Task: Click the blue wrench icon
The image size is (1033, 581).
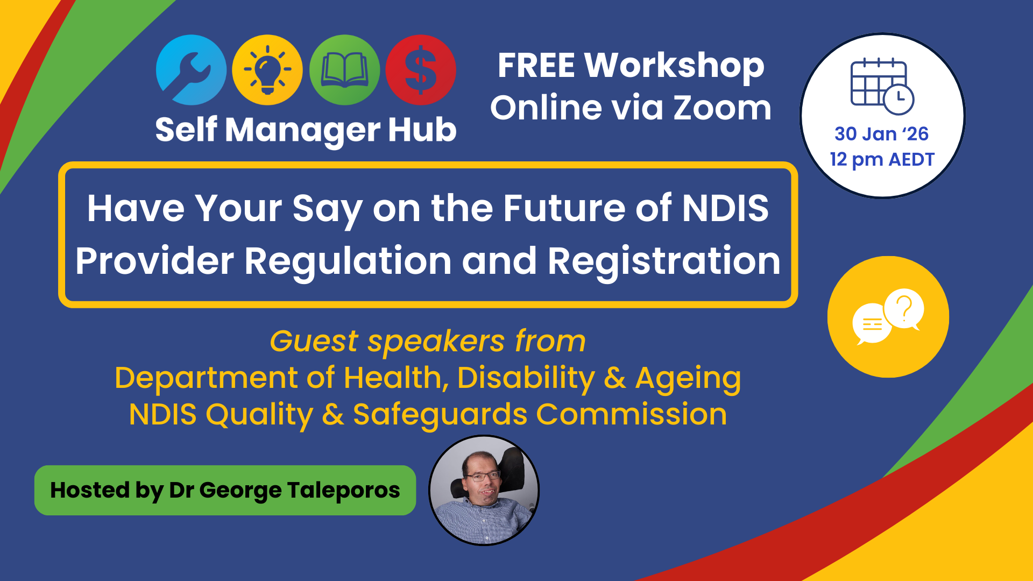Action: (x=191, y=70)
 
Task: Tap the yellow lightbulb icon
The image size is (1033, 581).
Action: (x=267, y=70)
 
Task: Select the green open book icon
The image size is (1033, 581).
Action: (x=344, y=70)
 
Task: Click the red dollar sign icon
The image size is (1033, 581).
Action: (x=421, y=70)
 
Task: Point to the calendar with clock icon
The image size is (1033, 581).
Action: (x=882, y=87)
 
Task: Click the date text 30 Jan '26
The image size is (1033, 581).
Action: (x=881, y=133)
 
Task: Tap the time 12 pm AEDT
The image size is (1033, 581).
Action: (x=882, y=159)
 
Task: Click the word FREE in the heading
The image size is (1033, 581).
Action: (x=536, y=66)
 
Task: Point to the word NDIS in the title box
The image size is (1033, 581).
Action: (x=726, y=208)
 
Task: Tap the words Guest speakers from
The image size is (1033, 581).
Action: (x=428, y=341)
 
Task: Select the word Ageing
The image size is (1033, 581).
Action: (x=688, y=379)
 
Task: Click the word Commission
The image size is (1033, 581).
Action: (x=632, y=414)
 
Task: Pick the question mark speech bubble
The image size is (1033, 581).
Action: (x=904, y=309)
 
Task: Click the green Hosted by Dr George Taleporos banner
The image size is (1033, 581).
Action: (x=225, y=490)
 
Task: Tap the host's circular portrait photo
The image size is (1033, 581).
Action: (x=484, y=490)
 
